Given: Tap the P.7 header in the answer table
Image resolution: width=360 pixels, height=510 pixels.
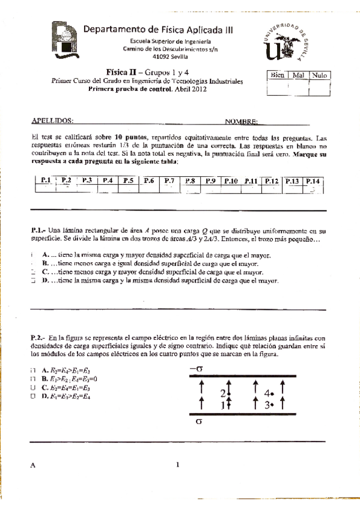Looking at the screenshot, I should [169, 180].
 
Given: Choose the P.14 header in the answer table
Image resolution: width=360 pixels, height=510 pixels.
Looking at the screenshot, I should [313, 180].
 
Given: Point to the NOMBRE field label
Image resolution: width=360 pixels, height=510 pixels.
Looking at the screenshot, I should [242, 121].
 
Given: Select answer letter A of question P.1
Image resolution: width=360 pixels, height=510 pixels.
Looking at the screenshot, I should [45, 255].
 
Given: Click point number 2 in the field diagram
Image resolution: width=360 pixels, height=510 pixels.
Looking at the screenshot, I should [223, 393].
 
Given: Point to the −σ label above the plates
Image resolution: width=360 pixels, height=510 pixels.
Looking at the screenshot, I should [196, 369].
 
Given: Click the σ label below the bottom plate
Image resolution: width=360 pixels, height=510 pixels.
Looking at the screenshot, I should [200, 422].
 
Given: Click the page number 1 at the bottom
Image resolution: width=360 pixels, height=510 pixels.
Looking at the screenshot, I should [178, 464].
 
